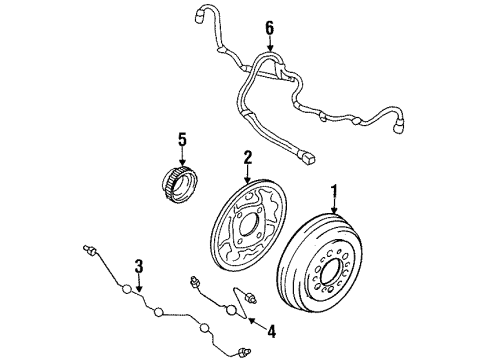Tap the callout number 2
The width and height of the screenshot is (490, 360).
point(246,156)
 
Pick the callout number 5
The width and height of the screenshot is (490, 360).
point(183,140)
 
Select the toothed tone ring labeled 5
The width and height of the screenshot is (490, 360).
point(183,185)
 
